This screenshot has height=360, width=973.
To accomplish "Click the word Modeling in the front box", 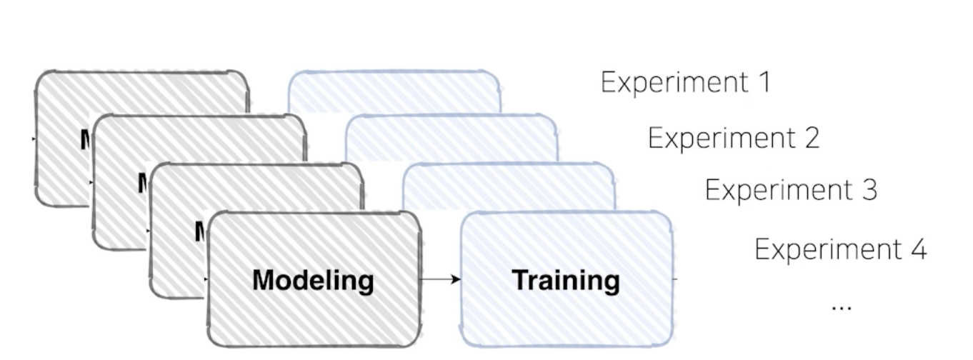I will (313, 280).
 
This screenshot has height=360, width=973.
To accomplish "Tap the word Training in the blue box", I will (566, 280).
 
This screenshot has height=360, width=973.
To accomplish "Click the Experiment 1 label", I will (685, 83).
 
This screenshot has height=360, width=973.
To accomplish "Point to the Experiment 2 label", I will (733, 138).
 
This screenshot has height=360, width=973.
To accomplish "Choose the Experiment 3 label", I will (790, 191).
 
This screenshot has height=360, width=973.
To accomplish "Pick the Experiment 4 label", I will (840, 250).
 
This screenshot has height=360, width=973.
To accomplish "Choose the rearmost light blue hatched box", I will (393, 89).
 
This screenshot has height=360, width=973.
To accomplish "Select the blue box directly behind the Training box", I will (507, 186).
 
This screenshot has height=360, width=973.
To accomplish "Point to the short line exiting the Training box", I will (675, 279).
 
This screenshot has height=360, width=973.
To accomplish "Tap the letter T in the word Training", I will (519, 280).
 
